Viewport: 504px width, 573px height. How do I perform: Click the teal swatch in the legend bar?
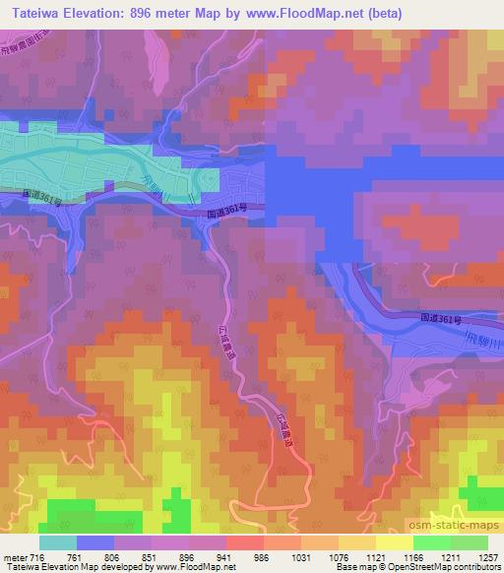point(58,542)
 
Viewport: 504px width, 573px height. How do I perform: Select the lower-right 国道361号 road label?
point(440,319)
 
